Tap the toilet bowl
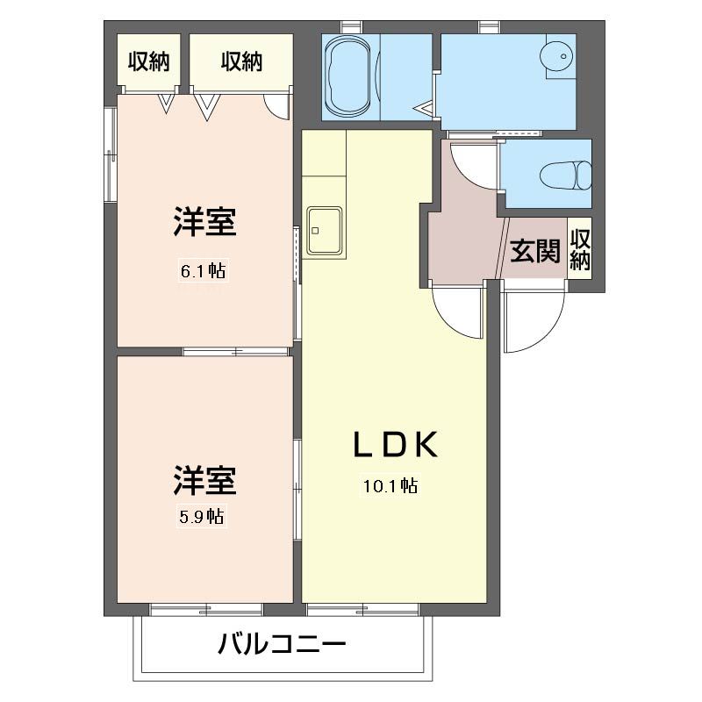pos(565,175)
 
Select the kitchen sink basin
pos(324,230)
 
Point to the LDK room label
pos(396,445)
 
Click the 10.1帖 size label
pos(390,485)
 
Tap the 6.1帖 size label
pos(204,270)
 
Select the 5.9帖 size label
pos(202,517)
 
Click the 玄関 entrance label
pos(535,251)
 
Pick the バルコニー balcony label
pos(282,644)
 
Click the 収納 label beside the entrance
pos(580,249)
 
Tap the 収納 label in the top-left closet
pos(148,61)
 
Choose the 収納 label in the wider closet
pos(241,61)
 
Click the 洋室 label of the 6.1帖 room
pos(205,222)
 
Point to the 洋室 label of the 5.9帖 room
pos(205,480)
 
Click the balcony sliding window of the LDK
pos(362,609)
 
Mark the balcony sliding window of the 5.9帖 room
pos(206,609)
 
